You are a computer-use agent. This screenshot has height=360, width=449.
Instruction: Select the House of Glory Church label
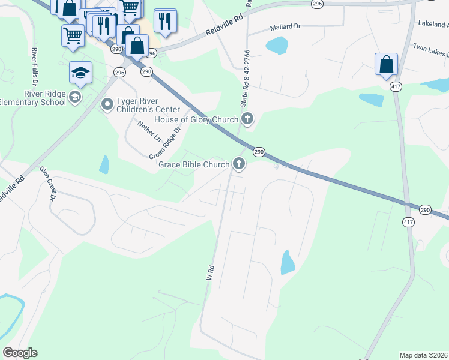[x=196, y=119]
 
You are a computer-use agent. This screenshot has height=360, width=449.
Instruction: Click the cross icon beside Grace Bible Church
[x=239, y=164]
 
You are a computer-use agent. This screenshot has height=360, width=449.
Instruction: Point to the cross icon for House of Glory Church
[x=247, y=118]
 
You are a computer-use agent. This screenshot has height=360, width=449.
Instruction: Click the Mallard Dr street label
[x=285, y=28]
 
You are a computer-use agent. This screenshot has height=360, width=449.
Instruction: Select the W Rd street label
[x=211, y=273]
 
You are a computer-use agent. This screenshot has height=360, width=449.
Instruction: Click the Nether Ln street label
[x=149, y=130]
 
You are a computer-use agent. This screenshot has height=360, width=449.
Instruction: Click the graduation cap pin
[x=80, y=73]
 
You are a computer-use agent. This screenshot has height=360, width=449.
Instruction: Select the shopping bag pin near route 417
[x=386, y=64]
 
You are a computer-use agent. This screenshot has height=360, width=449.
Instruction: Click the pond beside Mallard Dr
[x=277, y=45]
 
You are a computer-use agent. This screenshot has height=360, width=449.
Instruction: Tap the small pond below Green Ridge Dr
[x=104, y=164]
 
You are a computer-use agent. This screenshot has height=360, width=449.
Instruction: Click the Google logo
[x=20, y=353]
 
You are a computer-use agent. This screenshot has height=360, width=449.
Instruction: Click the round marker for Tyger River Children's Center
[x=107, y=105]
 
